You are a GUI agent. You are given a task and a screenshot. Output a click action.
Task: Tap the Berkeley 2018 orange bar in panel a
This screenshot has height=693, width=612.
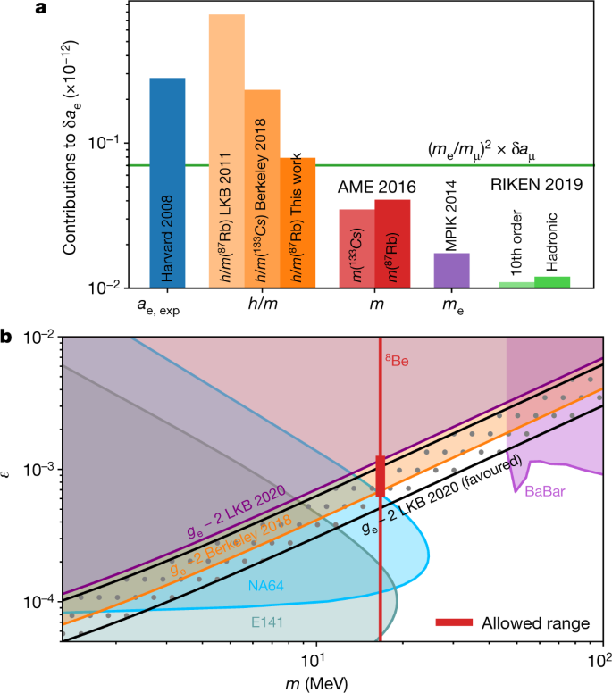(x=262, y=188)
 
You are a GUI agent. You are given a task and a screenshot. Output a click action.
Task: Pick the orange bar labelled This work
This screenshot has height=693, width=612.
(x=298, y=222)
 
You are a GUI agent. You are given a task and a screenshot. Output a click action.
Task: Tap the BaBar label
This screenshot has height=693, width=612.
(x=546, y=491)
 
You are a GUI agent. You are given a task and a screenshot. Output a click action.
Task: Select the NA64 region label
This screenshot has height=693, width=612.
(x=265, y=587)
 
